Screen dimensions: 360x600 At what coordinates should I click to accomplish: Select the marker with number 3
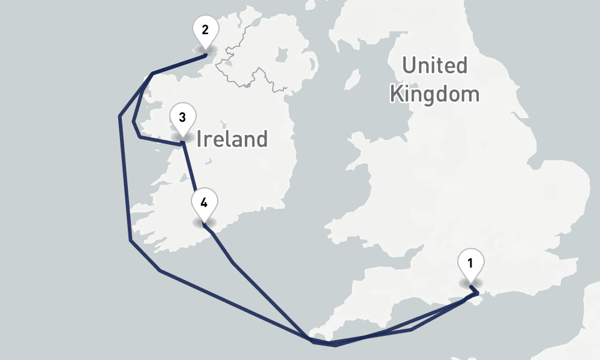click(x=182, y=117)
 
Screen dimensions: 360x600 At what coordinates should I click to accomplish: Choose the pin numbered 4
click(x=204, y=203)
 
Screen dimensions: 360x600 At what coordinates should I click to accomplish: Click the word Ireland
click(x=232, y=139)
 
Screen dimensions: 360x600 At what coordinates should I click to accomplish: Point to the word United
click(x=434, y=65)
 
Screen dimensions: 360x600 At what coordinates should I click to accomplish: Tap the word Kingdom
click(x=434, y=94)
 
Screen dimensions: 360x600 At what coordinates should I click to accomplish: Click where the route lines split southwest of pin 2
click(x=152, y=74)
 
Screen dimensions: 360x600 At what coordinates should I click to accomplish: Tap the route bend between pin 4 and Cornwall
click(x=233, y=263)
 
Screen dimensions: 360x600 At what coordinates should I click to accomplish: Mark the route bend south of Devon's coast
click(x=410, y=329)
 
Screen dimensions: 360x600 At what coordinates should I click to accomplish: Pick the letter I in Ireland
click(x=200, y=139)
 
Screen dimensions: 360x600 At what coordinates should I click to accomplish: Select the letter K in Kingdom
click(x=397, y=94)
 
